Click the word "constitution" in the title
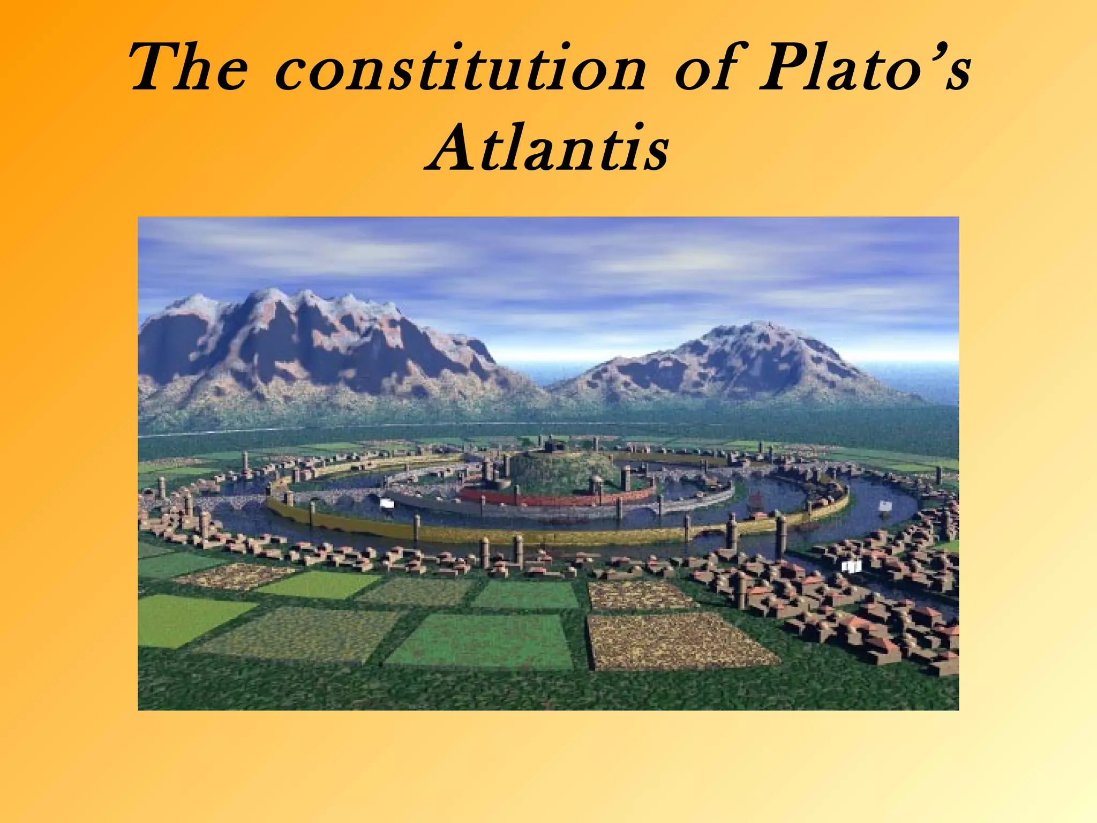pyautogui.click(x=461, y=70)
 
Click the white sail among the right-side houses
pyautogui.click(x=851, y=566)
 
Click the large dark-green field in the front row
pyautogui.click(x=482, y=640)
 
